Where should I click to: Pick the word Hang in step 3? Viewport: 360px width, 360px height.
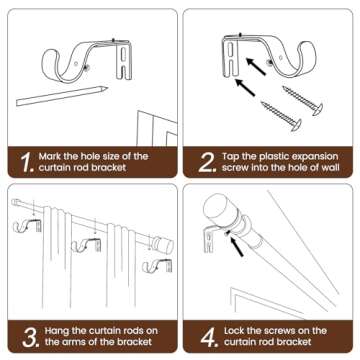pyautogui.click(x=54, y=332)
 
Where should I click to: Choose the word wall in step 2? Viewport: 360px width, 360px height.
pyautogui.click(x=326, y=170)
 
